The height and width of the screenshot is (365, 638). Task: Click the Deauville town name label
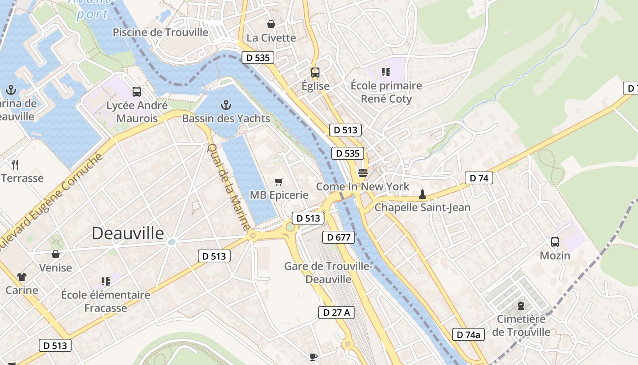point(128,233)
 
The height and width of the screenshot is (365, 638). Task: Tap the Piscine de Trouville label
point(160,32)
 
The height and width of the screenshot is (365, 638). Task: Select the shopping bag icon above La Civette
point(271,24)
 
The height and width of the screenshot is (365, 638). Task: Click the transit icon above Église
point(315,72)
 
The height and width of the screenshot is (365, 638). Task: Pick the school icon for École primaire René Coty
point(386,72)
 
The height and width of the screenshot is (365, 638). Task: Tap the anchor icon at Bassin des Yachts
point(226,105)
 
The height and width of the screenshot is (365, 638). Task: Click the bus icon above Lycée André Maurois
point(137,91)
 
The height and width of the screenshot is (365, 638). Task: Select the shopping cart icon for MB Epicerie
point(279,182)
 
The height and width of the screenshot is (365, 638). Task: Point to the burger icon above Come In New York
point(363,173)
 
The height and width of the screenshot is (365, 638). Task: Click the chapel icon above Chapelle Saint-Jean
point(422,194)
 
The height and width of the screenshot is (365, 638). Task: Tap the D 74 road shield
point(479,178)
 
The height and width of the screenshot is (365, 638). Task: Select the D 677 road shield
point(339,237)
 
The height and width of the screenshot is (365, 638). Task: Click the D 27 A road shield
point(336,313)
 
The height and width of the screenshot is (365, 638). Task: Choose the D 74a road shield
point(468,334)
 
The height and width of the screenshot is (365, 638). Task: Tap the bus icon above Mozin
point(555,242)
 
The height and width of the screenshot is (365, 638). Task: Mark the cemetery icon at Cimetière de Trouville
point(521,306)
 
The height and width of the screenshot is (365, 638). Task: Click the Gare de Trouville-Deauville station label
point(328,272)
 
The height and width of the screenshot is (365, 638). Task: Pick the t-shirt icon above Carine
point(22,276)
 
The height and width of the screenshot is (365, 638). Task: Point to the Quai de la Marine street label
point(229,187)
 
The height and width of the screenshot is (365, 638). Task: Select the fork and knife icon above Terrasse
point(15,164)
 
